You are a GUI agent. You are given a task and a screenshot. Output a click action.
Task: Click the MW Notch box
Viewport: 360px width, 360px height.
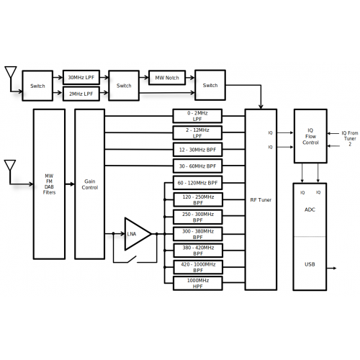click(x=167, y=78)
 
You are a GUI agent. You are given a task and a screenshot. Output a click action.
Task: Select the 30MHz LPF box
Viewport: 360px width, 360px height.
click(x=81, y=77)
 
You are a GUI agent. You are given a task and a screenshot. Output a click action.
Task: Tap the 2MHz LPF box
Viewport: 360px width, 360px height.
click(x=81, y=94)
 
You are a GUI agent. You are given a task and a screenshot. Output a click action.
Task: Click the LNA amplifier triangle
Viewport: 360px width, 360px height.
click(x=138, y=234)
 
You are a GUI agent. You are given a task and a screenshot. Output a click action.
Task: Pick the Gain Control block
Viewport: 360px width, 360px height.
click(x=90, y=184)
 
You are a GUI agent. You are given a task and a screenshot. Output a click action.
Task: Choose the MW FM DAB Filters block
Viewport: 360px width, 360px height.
click(x=49, y=184)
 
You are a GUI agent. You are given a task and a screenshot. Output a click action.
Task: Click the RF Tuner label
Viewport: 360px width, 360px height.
click(x=261, y=200)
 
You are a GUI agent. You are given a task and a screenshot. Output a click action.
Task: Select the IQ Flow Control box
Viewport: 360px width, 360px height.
click(x=310, y=136)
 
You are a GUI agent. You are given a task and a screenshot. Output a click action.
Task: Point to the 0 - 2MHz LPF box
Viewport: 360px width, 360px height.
click(x=197, y=116)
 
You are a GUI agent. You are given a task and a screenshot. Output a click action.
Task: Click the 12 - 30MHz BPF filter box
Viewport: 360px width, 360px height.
click(x=197, y=150)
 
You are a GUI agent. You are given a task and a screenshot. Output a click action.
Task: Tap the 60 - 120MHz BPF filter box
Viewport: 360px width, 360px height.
click(x=197, y=183)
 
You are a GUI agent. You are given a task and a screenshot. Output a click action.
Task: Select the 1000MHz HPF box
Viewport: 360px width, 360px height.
click(x=197, y=284)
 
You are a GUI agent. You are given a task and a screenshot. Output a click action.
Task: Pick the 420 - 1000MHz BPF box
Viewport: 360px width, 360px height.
click(x=198, y=267)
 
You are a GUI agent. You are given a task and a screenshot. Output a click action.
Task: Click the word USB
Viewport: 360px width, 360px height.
click(x=310, y=264)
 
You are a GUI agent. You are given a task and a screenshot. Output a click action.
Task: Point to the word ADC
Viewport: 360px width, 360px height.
click(x=310, y=210)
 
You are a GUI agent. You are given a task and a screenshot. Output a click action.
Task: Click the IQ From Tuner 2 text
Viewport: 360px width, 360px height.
click(x=350, y=138)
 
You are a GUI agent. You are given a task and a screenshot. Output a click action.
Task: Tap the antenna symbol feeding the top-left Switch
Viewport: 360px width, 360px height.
click(x=11, y=72)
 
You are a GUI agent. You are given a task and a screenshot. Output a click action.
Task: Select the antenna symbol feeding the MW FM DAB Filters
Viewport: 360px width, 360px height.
click(x=10, y=166)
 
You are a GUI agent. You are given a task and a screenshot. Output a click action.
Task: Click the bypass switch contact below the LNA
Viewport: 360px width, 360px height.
click(x=132, y=259)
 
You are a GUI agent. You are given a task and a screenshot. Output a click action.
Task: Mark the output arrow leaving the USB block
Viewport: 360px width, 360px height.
click(x=331, y=268)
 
